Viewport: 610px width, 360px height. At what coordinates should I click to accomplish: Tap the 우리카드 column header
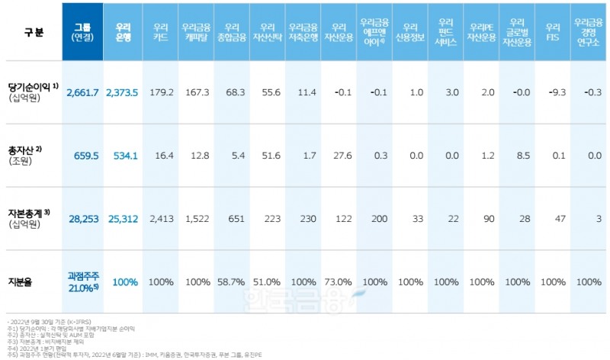[x=161, y=31]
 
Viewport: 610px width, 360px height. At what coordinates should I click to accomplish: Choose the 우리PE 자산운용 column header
[x=483, y=31]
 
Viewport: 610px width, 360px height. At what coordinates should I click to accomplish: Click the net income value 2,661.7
[x=82, y=92]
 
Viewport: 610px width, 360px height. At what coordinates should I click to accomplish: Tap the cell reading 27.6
[x=342, y=156]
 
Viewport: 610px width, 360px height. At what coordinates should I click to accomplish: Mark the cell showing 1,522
[x=197, y=218]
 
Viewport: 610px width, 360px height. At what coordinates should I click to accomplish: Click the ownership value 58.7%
[x=232, y=281]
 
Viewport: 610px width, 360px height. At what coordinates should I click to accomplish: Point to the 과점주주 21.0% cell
[x=82, y=281]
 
